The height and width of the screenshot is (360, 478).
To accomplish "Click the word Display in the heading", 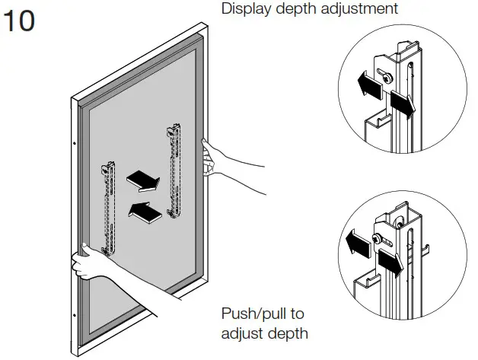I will [x=243, y=10].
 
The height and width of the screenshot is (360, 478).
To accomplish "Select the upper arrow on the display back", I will [x=142, y=179].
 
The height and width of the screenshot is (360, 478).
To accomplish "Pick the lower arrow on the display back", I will [x=145, y=212].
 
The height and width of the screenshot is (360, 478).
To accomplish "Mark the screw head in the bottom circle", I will [x=378, y=241].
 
